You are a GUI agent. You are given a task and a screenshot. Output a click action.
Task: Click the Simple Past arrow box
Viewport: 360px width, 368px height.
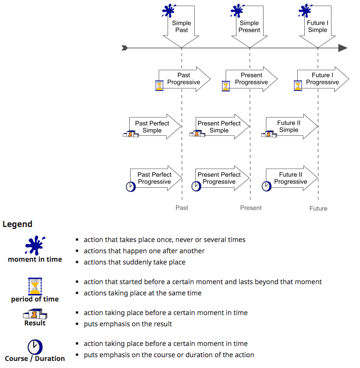coord(181,26)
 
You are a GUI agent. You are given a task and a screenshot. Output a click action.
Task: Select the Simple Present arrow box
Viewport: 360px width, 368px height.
coord(250,26)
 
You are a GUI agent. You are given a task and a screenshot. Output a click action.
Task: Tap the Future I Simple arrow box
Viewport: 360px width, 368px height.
coord(317,26)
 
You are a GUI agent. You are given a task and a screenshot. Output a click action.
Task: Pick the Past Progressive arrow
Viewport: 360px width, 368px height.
coord(184,79)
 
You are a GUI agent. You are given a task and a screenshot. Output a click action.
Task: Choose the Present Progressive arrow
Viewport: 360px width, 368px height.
coord(251,79)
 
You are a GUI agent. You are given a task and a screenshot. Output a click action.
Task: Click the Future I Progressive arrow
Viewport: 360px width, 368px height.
coord(323,79)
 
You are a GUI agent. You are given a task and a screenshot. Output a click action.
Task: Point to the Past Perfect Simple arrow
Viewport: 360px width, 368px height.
coord(155,126)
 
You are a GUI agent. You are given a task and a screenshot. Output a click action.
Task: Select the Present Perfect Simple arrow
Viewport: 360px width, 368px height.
coord(222,126)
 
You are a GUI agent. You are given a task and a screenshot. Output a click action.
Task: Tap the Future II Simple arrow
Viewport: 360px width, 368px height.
coord(292,126)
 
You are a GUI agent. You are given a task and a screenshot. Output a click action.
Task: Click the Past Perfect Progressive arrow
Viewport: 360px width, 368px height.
coord(156,178)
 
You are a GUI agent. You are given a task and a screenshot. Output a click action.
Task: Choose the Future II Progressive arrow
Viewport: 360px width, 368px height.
coord(292,178)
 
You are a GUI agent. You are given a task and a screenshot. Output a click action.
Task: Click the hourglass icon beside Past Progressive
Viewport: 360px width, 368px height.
coord(159,85)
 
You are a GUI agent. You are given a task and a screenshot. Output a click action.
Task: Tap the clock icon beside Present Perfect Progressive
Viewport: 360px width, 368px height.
coord(196,186)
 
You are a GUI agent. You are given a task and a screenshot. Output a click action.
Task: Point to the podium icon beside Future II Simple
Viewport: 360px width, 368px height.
coord(269,134)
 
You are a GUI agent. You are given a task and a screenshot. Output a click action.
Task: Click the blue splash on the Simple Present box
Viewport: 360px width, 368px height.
coord(237,11)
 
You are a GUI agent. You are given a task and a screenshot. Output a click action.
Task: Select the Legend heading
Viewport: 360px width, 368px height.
coord(17,224)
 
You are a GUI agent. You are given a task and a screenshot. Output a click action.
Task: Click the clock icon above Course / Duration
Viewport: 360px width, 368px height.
coord(35,347)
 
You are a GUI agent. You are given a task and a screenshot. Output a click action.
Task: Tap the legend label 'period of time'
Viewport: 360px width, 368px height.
coord(35,299)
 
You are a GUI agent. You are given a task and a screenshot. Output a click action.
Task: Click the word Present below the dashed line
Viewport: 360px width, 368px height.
coord(250,208)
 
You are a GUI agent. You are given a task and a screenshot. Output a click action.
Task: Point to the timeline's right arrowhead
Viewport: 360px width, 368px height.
coord(343,48)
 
